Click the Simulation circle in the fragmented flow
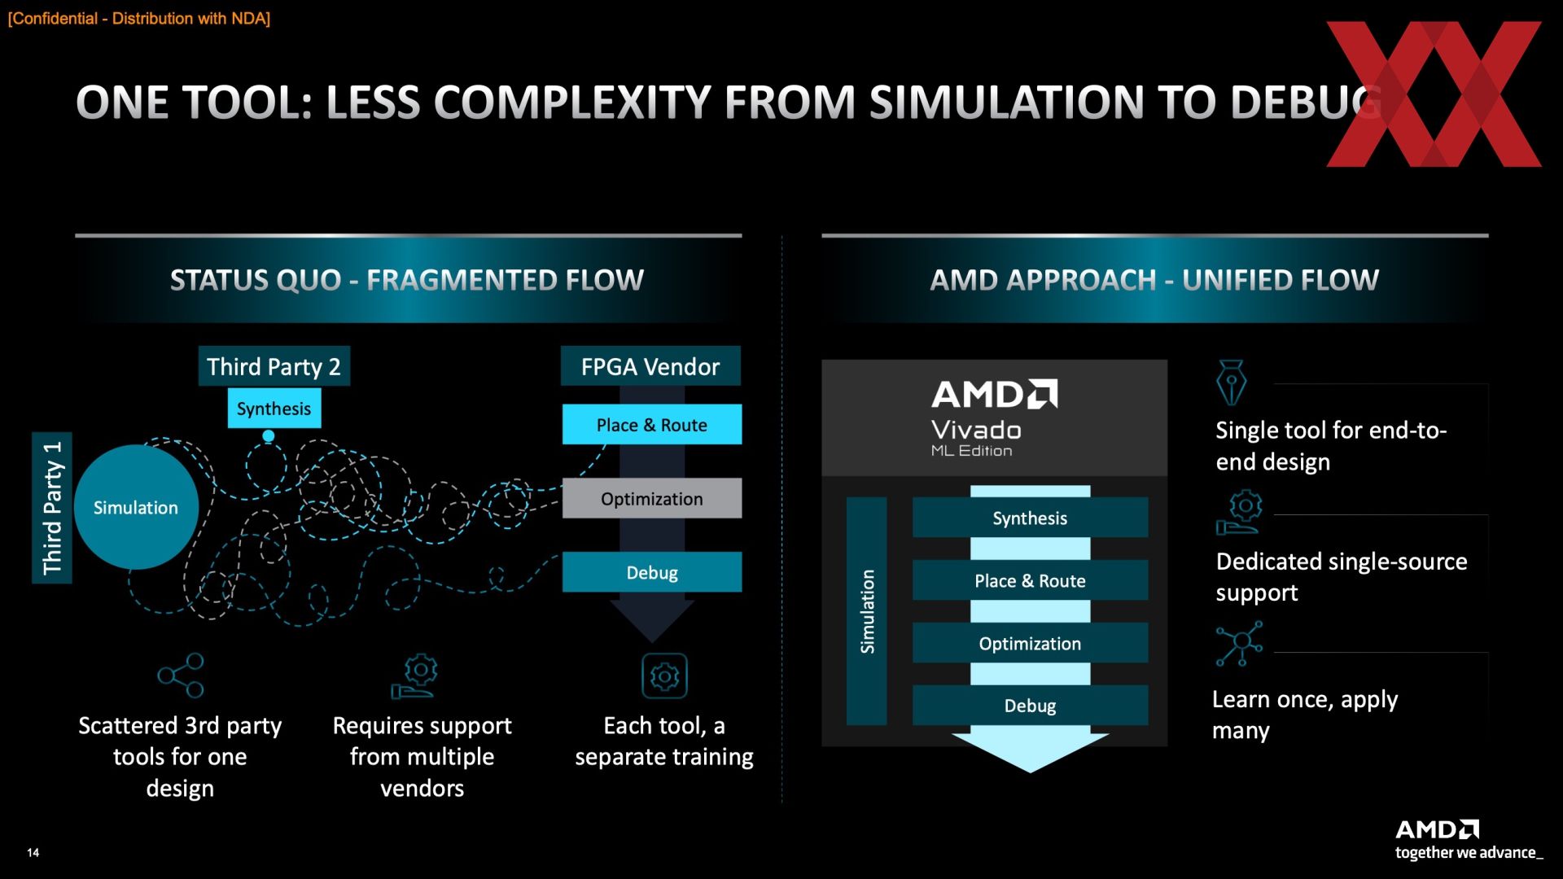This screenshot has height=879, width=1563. [x=136, y=507]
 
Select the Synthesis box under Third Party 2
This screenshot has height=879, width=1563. [x=274, y=409]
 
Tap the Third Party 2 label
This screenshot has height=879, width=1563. [x=274, y=366]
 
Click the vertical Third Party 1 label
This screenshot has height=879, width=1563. [x=52, y=508]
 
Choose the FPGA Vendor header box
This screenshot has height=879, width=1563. [x=650, y=366]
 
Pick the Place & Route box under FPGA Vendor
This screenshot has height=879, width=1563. [x=651, y=425]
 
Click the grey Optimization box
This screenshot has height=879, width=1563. [x=651, y=498]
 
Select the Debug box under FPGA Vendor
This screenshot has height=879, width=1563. [x=651, y=572]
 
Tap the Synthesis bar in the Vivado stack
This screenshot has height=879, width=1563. [x=1030, y=518]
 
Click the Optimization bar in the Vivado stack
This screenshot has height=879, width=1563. [x=1030, y=643]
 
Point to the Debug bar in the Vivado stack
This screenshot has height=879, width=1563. [x=1030, y=705]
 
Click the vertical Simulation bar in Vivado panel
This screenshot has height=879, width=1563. [x=867, y=611]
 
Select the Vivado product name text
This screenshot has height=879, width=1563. [x=976, y=430]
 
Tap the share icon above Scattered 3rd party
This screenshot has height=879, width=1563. [x=181, y=676]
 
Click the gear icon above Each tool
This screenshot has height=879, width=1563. [x=664, y=676]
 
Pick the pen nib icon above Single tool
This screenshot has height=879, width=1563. [x=1231, y=383]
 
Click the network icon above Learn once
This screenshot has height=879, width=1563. [x=1239, y=644]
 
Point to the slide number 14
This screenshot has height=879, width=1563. [x=33, y=852]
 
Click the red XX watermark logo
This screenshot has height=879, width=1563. [x=1434, y=94]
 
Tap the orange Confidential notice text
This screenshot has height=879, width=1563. [x=139, y=19]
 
